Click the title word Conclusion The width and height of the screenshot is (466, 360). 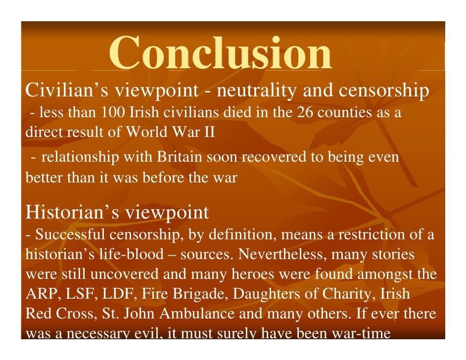[x=220, y=53]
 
